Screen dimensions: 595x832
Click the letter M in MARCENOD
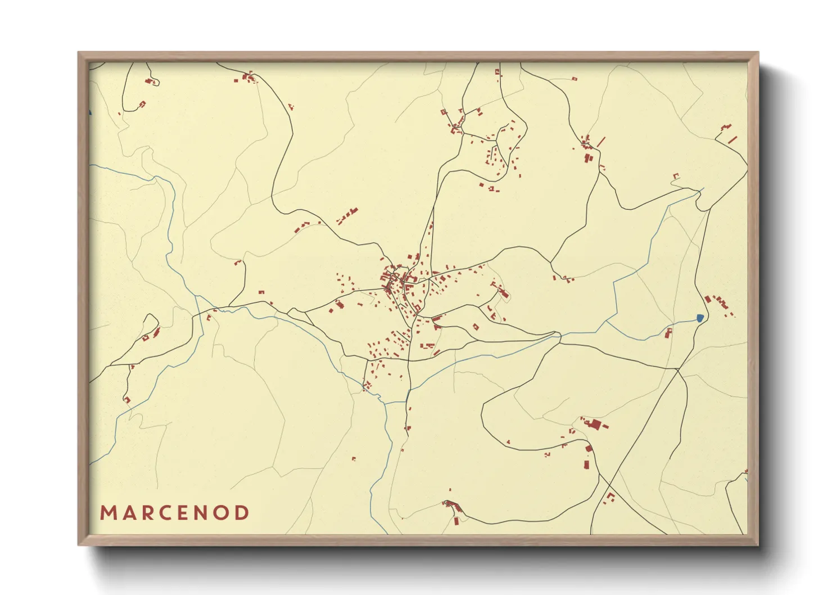pyautogui.click(x=108, y=513)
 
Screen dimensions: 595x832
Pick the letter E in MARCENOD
pyautogui.click(x=185, y=513)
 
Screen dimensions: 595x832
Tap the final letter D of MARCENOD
pyautogui.click(x=242, y=513)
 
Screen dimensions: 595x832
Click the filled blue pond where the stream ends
pyautogui.click(x=700, y=318)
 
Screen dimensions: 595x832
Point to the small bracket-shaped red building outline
pyautogui.click(x=676, y=176)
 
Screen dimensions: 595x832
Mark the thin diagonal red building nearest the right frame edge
pyautogui.click(x=732, y=139)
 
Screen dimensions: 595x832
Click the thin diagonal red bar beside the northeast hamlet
pyautogui.click(x=601, y=141)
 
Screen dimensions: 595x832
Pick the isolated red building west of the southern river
pyautogui.click(x=354, y=459)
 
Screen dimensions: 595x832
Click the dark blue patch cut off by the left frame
pyautogui.click(x=90, y=112)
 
